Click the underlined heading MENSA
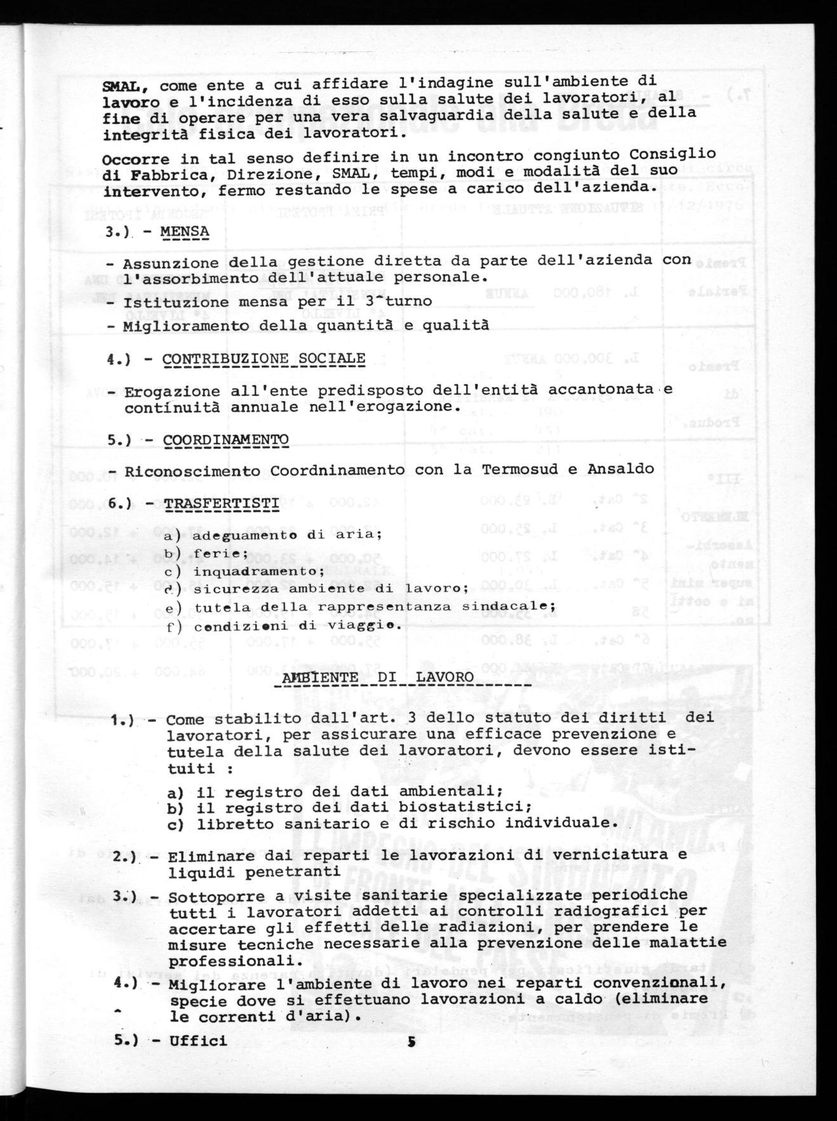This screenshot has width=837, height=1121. coord(185,231)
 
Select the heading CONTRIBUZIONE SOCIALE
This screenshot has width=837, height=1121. coord(264,359)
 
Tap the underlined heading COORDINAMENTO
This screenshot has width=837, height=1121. coord(225,440)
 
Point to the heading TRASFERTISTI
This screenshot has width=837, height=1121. coord(221,504)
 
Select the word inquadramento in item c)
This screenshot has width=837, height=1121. coord(240,571)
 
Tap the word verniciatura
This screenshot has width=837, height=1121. coord(601,855)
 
